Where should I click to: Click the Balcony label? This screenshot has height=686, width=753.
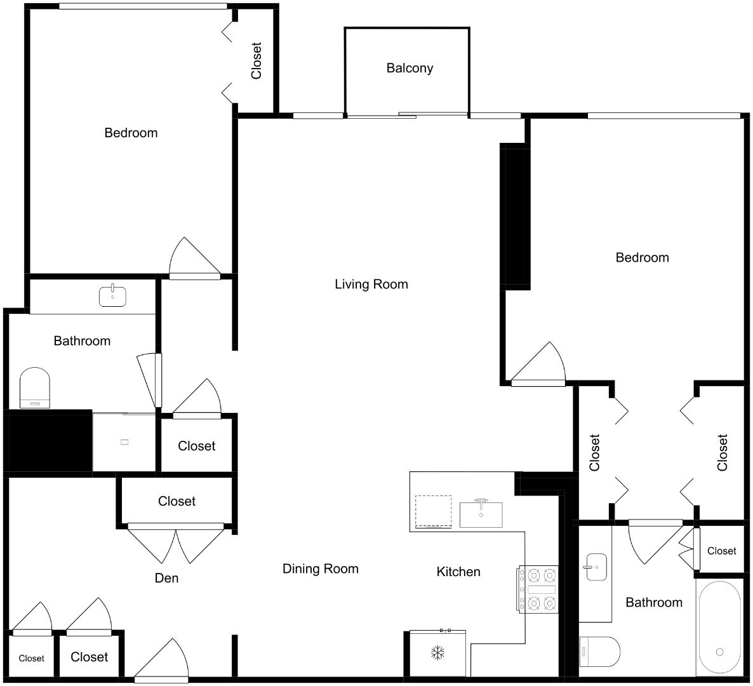pyautogui.click(x=410, y=68)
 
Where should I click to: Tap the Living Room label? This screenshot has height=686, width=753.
pyautogui.click(x=371, y=284)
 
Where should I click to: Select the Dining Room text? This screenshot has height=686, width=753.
pyautogui.click(x=320, y=568)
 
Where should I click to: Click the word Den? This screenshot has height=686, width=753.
pyautogui.click(x=166, y=578)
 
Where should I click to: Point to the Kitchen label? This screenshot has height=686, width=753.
pyautogui.click(x=458, y=572)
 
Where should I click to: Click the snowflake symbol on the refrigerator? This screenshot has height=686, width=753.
pyautogui.click(x=437, y=652)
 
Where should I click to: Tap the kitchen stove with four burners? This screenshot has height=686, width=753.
pyautogui.click(x=538, y=589)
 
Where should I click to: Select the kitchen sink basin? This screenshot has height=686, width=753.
pyautogui.click(x=481, y=514)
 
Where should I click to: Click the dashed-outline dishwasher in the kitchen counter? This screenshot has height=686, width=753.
pyautogui.click(x=433, y=511)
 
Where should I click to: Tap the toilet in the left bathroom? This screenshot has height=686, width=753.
pyautogui.click(x=35, y=387)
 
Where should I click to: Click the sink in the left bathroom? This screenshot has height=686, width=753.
pyautogui.click(x=112, y=296)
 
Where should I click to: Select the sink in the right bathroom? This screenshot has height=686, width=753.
pyautogui.click(x=596, y=567)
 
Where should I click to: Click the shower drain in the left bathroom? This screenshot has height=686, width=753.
pyautogui.click(x=124, y=442)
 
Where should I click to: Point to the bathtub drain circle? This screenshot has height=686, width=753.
pyautogui.click(x=719, y=652)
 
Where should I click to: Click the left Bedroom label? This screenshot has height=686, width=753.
pyautogui.click(x=131, y=133)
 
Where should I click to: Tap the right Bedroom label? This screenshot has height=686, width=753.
pyautogui.click(x=642, y=257)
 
